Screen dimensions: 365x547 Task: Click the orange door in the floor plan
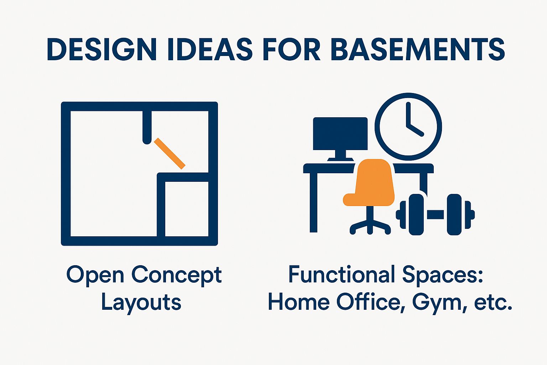[170, 153]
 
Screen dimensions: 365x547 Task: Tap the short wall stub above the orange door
[147, 127]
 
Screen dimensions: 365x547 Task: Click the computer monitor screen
[340, 134]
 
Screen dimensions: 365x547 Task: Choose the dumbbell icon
[435, 215]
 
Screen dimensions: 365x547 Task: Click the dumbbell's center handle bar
[435, 215]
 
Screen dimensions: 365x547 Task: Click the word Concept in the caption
[177, 275]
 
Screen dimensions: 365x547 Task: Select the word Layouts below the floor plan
[141, 302]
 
